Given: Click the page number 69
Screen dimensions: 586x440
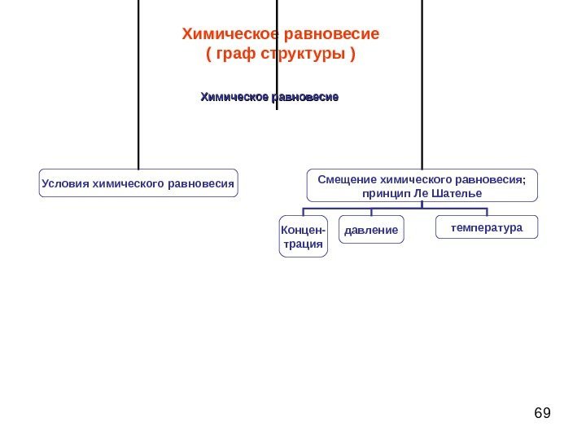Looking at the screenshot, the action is pyautogui.click(x=542, y=413).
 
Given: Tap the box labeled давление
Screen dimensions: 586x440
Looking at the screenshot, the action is pyautogui.click(x=371, y=231).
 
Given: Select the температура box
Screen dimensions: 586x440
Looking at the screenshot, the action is pyautogui.click(x=488, y=227).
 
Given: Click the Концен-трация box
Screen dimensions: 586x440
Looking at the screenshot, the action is pyautogui.click(x=304, y=236).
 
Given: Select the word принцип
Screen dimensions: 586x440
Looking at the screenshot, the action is pyautogui.click(x=380, y=194).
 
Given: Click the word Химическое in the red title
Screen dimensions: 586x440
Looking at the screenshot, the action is pyautogui.click(x=230, y=35).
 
